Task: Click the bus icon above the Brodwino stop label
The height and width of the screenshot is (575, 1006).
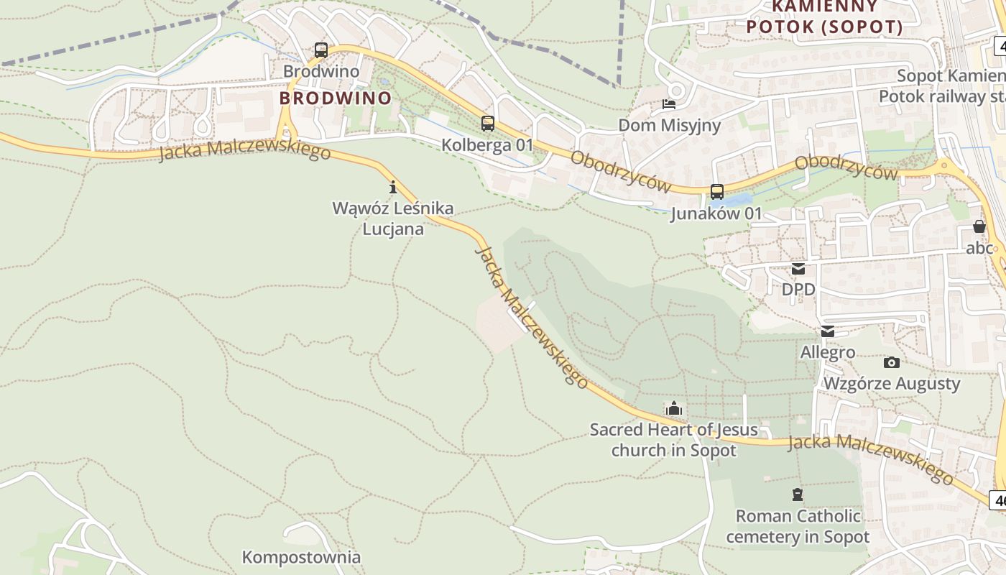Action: coord(321,50)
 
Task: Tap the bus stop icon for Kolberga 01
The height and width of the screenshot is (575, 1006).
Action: coord(488,124)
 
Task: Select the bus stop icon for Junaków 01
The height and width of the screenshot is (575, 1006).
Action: coord(716,192)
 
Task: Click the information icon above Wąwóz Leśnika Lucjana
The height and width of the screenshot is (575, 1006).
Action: coord(393,188)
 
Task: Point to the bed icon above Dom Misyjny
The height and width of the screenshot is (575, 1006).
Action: coord(668,105)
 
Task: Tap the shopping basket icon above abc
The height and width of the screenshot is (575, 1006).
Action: coord(979,227)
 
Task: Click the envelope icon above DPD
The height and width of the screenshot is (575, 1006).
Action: coord(798,269)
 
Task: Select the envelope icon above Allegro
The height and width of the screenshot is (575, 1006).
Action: coord(828,331)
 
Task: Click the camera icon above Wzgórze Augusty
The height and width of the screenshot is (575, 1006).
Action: coord(891,362)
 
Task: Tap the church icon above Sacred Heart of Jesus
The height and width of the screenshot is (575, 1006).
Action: coord(673,409)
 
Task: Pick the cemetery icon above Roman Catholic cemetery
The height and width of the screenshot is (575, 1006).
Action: coord(797,494)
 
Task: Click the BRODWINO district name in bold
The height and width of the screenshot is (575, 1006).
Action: coord(336,98)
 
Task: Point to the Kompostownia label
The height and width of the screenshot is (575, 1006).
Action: coord(301,557)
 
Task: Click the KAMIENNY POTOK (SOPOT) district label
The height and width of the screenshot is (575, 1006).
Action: coord(825,17)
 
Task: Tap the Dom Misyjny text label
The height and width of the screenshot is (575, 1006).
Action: coord(669,126)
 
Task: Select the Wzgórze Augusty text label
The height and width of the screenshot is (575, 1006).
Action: coord(891,383)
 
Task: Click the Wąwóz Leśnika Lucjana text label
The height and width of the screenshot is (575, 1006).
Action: coord(393,218)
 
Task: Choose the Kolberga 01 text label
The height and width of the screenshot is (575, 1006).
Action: coord(487,144)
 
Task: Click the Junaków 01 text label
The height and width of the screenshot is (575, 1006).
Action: coord(716,213)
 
